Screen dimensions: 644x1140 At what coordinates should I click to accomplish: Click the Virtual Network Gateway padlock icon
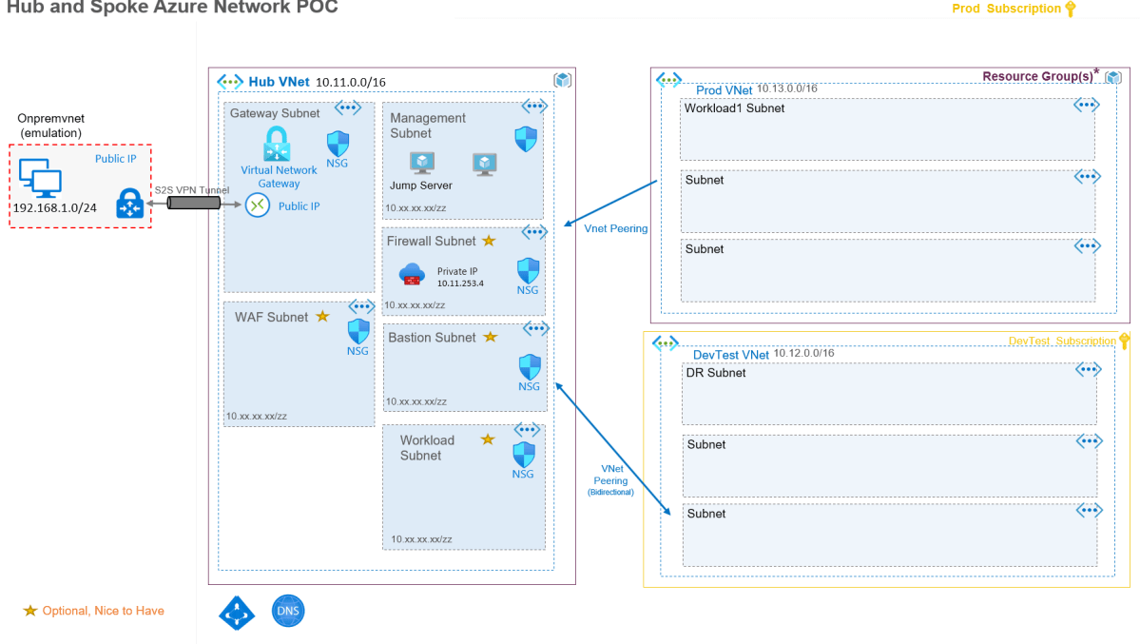coord(277,145)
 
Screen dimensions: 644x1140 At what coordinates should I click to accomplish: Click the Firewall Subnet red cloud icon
coord(412,275)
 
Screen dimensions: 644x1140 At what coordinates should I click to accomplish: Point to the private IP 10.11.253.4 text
coord(460,283)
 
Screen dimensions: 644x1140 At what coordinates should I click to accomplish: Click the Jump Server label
coord(420,185)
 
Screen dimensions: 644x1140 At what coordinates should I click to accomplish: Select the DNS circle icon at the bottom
coord(288,611)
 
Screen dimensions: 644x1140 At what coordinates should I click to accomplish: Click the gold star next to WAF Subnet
coord(322,316)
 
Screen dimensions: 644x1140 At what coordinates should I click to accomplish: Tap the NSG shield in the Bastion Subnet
coord(530,366)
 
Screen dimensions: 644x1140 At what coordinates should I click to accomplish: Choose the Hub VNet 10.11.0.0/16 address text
coord(350,83)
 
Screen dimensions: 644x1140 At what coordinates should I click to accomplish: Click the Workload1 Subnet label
coord(734,108)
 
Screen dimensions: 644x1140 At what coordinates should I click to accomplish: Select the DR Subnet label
coord(716,373)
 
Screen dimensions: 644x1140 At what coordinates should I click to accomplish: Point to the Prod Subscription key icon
coord(1070,10)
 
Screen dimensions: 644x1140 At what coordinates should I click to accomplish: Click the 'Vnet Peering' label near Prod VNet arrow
coord(616,229)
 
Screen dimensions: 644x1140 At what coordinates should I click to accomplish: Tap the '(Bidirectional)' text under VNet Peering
coord(610,493)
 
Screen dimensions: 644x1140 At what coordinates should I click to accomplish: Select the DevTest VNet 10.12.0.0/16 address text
coord(803,353)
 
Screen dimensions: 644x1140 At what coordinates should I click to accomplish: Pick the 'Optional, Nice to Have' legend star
coord(30,611)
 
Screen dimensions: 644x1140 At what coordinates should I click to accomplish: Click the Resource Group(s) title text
coord(1036,76)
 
